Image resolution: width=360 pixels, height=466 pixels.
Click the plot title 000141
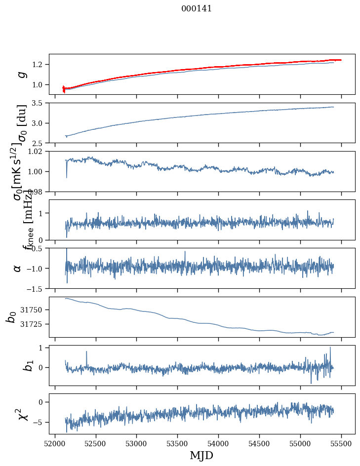[197, 8]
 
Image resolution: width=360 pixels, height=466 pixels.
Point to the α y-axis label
[17, 268]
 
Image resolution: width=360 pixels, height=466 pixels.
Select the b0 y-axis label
[11, 317]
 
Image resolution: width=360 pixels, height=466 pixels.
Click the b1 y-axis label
[14, 365]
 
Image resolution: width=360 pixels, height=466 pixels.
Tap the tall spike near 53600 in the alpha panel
[185, 252]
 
